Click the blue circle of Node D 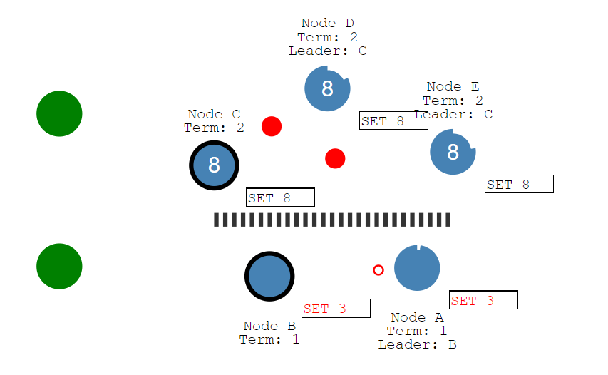tap(327, 88)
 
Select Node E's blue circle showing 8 tap(453, 152)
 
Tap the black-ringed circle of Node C tap(214, 165)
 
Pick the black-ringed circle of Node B tap(269, 277)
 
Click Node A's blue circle tap(417, 268)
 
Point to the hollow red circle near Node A tap(378, 270)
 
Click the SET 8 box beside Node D tap(393, 121)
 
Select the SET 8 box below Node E tap(519, 184)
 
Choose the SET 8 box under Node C tap(280, 197)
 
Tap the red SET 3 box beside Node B tap(336, 308)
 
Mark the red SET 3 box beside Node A tap(483, 300)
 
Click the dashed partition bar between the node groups tap(332, 220)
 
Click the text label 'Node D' tap(328, 24)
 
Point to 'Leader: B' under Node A tap(417, 344)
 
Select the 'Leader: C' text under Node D tap(328, 51)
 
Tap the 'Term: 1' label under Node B tap(269, 339)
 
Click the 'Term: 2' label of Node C tap(214, 128)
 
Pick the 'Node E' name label tap(453, 87)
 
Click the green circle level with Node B tap(59, 266)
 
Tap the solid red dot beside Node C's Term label tap(272, 126)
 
